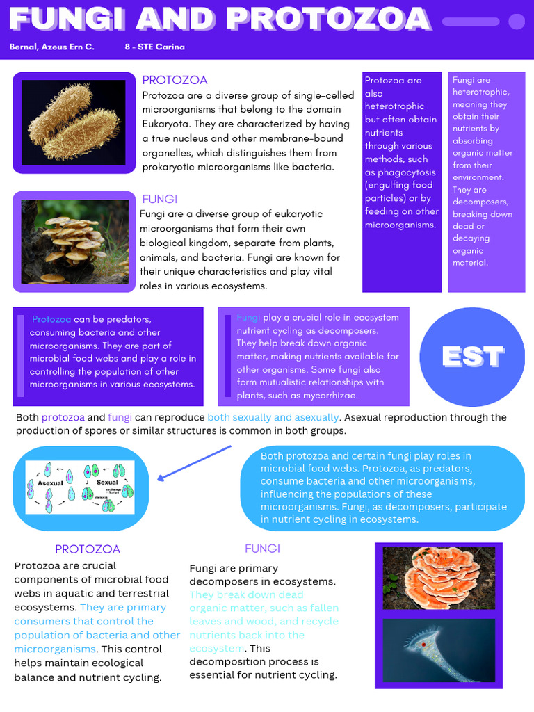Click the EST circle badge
click(x=474, y=357)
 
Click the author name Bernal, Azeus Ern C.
click(x=52, y=47)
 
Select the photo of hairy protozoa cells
click(x=73, y=122)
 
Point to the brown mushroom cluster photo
click(x=74, y=241)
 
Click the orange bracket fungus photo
click(x=439, y=578)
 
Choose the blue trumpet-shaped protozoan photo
click(x=439, y=650)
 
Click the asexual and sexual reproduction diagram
click(x=80, y=487)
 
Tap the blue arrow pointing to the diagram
click(x=194, y=462)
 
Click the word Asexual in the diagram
click(x=50, y=483)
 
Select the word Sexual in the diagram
click(x=107, y=482)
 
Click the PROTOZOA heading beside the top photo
click(x=175, y=80)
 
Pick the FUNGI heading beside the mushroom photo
click(x=159, y=200)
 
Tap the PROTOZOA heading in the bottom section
click(x=88, y=549)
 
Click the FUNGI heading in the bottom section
click(x=262, y=549)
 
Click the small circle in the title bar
click(x=517, y=22)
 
